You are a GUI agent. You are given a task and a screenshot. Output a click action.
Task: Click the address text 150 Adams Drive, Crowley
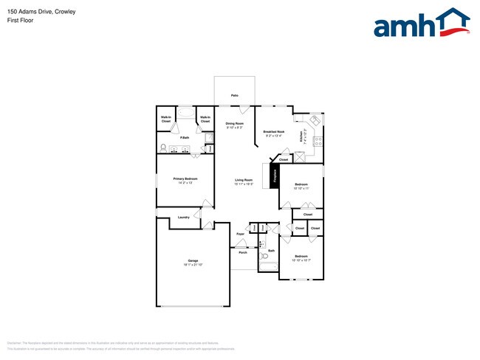(x=41, y=12)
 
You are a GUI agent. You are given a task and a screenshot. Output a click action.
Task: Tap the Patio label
(x=234, y=95)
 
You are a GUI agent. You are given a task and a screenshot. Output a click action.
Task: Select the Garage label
(x=193, y=260)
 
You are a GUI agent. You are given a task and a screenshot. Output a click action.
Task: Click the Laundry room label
(x=184, y=217)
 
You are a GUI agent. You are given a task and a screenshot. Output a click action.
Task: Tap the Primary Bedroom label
(x=185, y=179)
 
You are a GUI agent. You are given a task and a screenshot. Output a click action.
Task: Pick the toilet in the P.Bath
(x=163, y=148)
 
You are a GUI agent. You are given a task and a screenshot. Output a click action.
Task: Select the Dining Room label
(x=234, y=123)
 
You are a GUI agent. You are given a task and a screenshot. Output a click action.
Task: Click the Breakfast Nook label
(x=273, y=132)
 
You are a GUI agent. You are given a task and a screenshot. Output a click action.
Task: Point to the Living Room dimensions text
(x=244, y=184)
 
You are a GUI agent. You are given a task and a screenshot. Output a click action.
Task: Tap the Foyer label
(x=240, y=234)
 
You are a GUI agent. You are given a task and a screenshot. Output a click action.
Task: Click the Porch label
(x=242, y=252)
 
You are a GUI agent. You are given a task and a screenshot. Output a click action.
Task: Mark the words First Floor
(x=21, y=21)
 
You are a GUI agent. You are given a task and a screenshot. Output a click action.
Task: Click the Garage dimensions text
(x=193, y=265)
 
